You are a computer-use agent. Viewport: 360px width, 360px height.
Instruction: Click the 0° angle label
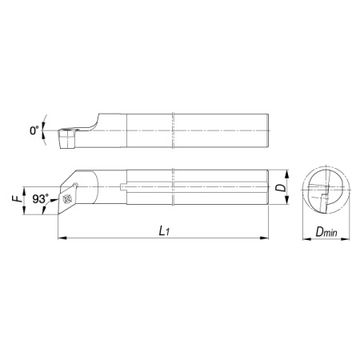pos(34,130)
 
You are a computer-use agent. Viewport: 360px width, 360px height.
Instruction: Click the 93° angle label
pos(41,198)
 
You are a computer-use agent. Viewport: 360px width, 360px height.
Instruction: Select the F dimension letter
pos(16,199)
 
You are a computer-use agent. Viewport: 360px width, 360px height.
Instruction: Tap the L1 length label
pos(164,231)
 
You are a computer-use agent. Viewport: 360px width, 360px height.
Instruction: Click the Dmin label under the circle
pos(326,232)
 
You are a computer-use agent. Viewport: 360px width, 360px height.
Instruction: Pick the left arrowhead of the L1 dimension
pos(62,238)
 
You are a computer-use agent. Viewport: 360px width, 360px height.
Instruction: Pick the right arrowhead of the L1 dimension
pos(264,238)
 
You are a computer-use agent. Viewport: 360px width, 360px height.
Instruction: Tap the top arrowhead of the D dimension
pos(287,174)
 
